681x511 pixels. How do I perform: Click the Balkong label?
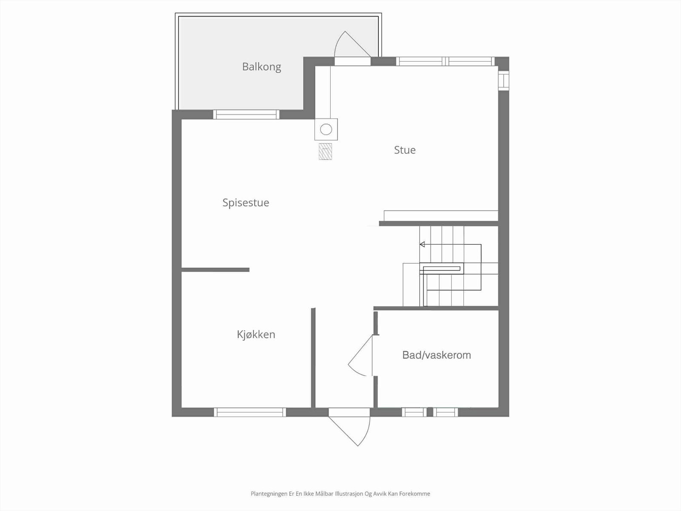pyautogui.click(x=261, y=67)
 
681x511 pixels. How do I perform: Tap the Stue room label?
pyautogui.click(x=404, y=150)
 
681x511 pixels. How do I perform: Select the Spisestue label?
pyautogui.click(x=246, y=203)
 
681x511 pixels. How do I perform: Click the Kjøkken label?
pyautogui.click(x=256, y=335)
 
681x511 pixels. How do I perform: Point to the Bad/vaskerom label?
pyautogui.click(x=436, y=355)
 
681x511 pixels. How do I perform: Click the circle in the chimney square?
pyautogui.click(x=326, y=129)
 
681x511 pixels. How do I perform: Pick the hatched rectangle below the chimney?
pyautogui.click(x=325, y=152)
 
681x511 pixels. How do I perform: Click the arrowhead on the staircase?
pyautogui.click(x=422, y=244)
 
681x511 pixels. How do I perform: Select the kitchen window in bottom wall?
pyautogui.click(x=249, y=412)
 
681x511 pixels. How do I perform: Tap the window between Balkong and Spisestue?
pyautogui.click(x=246, y=115)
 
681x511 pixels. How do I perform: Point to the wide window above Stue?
pyautogui.click(x=445, y=61)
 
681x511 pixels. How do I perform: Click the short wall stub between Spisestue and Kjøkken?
pyautogui.click(x=215, y=270)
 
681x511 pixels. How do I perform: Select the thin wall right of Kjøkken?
pyautogui.click(x=313, y=358)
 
